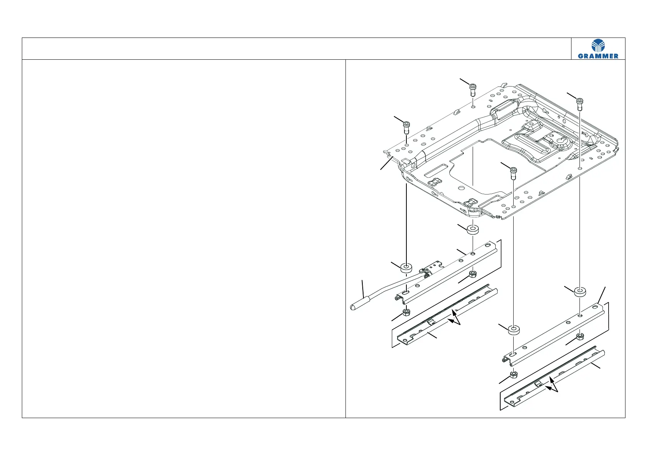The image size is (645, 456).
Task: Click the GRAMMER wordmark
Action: pos(598,56)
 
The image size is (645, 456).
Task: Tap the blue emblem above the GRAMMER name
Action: pos(598,46)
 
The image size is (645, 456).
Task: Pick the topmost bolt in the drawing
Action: pos(473,89)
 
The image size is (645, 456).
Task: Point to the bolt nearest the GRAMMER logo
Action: pos(580,103)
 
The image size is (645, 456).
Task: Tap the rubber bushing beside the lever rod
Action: pos(406,267)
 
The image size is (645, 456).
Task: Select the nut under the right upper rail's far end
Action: pos(580,336)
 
